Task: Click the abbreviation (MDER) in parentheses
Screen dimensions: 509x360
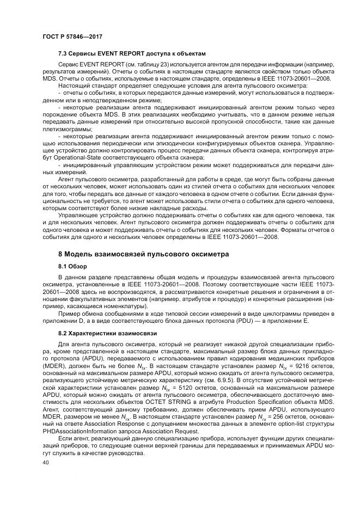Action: [x=55, y=368]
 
